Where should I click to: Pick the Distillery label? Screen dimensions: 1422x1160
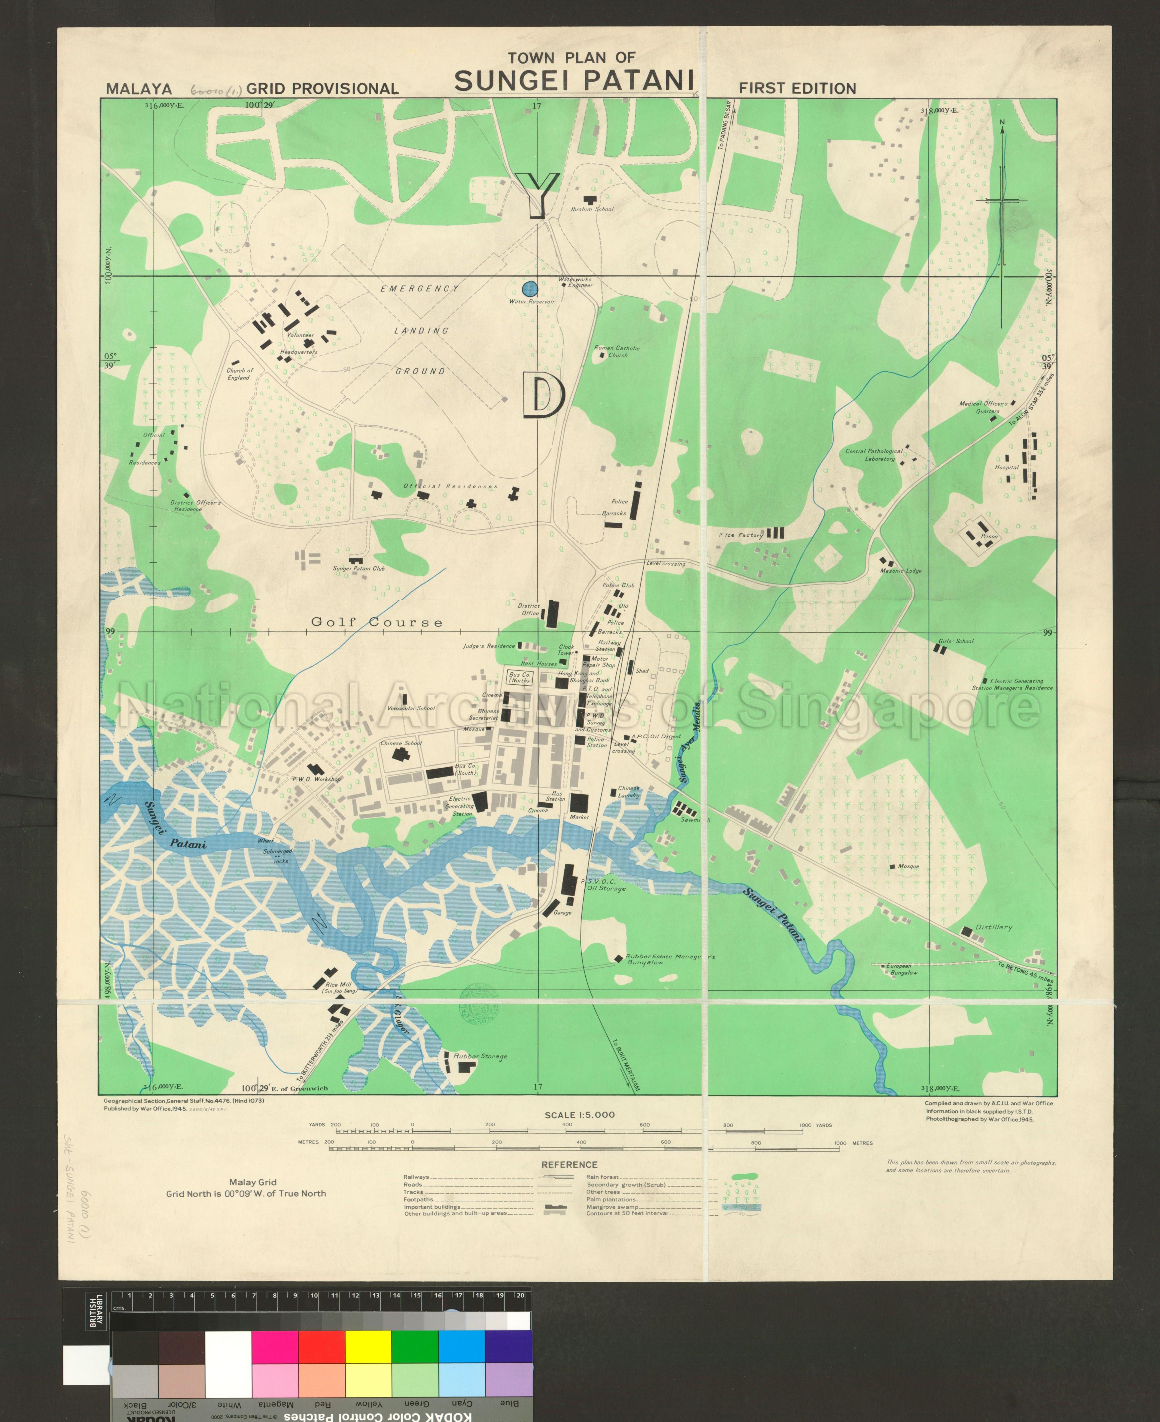994,928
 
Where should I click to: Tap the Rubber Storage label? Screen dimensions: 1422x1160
480,1057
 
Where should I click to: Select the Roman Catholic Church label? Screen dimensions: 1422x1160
617,351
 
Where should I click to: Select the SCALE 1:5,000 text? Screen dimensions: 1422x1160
579,1115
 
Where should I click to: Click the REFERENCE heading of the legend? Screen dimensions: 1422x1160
569,1164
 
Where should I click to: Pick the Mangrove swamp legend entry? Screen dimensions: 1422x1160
612,1207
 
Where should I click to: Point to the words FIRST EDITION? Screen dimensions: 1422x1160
797,88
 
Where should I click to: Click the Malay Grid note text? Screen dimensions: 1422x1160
253,1182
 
